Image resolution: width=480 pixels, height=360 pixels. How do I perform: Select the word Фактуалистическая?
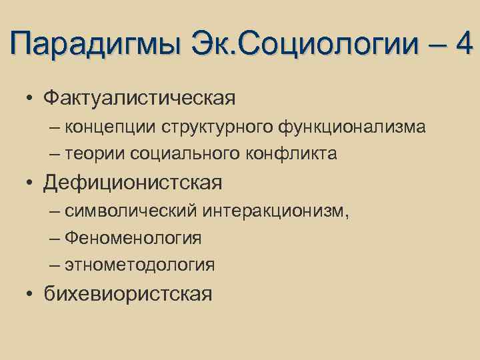(x=139, y=98)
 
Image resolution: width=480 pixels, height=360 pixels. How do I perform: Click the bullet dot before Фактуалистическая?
(x=31, y=99)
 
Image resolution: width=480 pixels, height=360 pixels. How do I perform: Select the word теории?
(x=95, y=154)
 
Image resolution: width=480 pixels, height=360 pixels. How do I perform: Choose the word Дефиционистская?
(x=133, y=182)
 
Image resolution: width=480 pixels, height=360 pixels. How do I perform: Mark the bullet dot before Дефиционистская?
(x=31, y=183)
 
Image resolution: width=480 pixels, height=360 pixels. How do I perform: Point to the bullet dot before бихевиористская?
(x=31, y=293)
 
